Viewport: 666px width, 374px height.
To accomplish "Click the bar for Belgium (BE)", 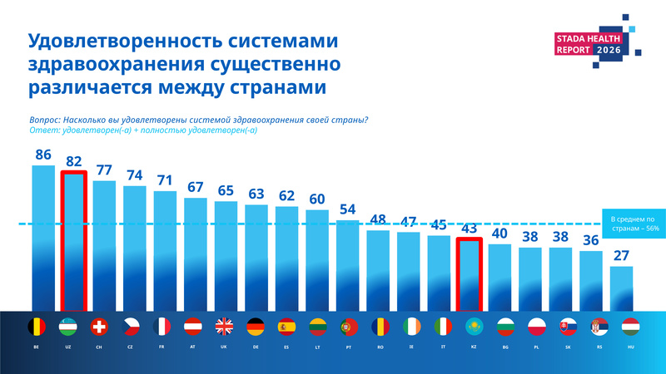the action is pyautogui.click(x=43, y=239).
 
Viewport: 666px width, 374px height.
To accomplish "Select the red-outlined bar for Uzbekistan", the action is pyautogui.click(x=74, y=241).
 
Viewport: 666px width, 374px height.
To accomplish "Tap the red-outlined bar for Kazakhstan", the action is pyautogui.click(x=470, y=275).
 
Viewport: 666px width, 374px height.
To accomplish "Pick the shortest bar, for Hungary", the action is pyautogui.click(x=621, y=288).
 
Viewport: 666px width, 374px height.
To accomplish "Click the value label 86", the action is pyautogui.click(x=43, y=155).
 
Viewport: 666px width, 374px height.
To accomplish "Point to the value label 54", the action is pyautogui.click(x=347, y=209).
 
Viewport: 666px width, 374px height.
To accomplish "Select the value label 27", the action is pyautogui.click(x=621, y=256).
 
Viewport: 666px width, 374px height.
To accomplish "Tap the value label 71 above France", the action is pyautogui.click(x=165, y=180).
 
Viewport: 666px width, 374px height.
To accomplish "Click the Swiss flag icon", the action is pyautogui.click(x=99, y=327).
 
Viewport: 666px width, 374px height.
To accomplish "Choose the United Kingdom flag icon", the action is pyautogui.click(x=224, y=327).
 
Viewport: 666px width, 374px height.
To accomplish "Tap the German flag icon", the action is pyautogui.click(x=256, y=327).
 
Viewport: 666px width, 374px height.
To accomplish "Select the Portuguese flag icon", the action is pyautogui.click(x=349, y=327).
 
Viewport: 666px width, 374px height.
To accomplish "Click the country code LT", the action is pyautogui.click(x=317, y=347).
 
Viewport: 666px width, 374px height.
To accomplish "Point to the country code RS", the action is pyautogui.click(x=599, y=347).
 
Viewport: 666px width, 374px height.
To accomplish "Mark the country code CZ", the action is pyautogui.click(x=130, y=347).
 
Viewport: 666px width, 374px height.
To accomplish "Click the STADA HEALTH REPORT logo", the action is pyautogui.click(x=598, y=42).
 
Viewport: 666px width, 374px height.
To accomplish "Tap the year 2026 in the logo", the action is pyautogui.click(x=609, y=50).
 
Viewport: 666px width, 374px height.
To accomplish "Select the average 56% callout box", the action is pyautogui.click(x=634, y=224).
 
